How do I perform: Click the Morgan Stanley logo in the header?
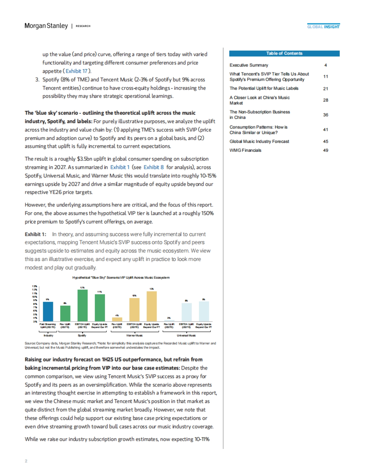point(46,26)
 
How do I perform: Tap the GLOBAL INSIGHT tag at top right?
point(323,27)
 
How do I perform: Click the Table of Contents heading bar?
point(284,54)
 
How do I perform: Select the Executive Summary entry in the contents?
point(249,65)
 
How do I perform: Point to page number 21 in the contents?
point(325,89)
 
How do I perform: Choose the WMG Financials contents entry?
point(245,150)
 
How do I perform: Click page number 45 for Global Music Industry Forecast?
point(325,141)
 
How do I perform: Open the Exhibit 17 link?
point(76,71)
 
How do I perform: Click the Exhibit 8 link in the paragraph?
point(154,167)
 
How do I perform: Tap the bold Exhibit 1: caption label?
point(35,234)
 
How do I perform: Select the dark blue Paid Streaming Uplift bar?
point(48,311)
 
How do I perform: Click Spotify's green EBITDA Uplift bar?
point(82,305)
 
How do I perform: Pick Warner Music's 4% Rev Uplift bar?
point(117,319)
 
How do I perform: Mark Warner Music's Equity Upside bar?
point(151,306)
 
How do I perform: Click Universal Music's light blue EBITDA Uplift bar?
point(186,312)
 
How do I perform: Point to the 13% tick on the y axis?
point(35,286)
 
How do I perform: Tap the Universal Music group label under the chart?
point(186,336)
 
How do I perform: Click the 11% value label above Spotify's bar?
point(99,292)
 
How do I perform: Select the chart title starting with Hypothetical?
point(121,277)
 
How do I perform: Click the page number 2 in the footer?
point(26,461)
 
